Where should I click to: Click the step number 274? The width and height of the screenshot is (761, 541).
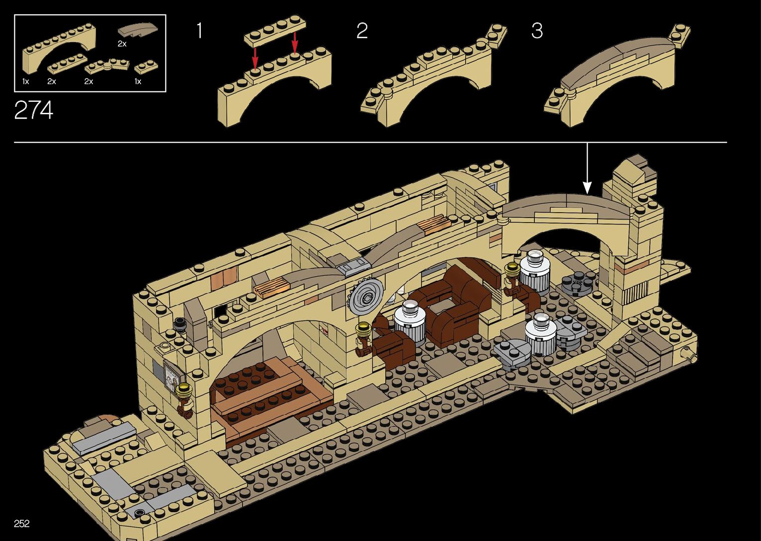pos(33,110)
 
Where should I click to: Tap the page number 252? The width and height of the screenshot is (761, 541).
pos(22,523)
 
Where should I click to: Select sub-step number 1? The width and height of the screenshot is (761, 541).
pos(199,31)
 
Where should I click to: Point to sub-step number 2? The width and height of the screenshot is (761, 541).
pos(362,31)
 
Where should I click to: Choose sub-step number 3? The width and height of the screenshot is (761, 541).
pos(537,31)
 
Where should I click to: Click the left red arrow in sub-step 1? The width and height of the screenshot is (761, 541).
pos(255,59)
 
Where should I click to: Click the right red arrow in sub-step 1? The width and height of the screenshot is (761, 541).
pos(295,44)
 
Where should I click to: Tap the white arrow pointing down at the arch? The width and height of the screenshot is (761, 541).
pos(587,169)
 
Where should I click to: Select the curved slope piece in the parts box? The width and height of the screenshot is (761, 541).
pos(140,29)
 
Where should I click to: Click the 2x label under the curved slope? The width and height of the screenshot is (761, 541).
pos(122,44)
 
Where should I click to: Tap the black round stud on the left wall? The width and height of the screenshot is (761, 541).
pos(180,323)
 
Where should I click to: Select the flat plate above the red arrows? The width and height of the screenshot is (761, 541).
pos(274,31)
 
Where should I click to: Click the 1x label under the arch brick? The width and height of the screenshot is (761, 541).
pos(25,81)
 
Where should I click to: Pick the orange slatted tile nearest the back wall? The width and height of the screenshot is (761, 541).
pos(433,225)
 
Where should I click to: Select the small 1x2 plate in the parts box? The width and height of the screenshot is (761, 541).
pos(146,67)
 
